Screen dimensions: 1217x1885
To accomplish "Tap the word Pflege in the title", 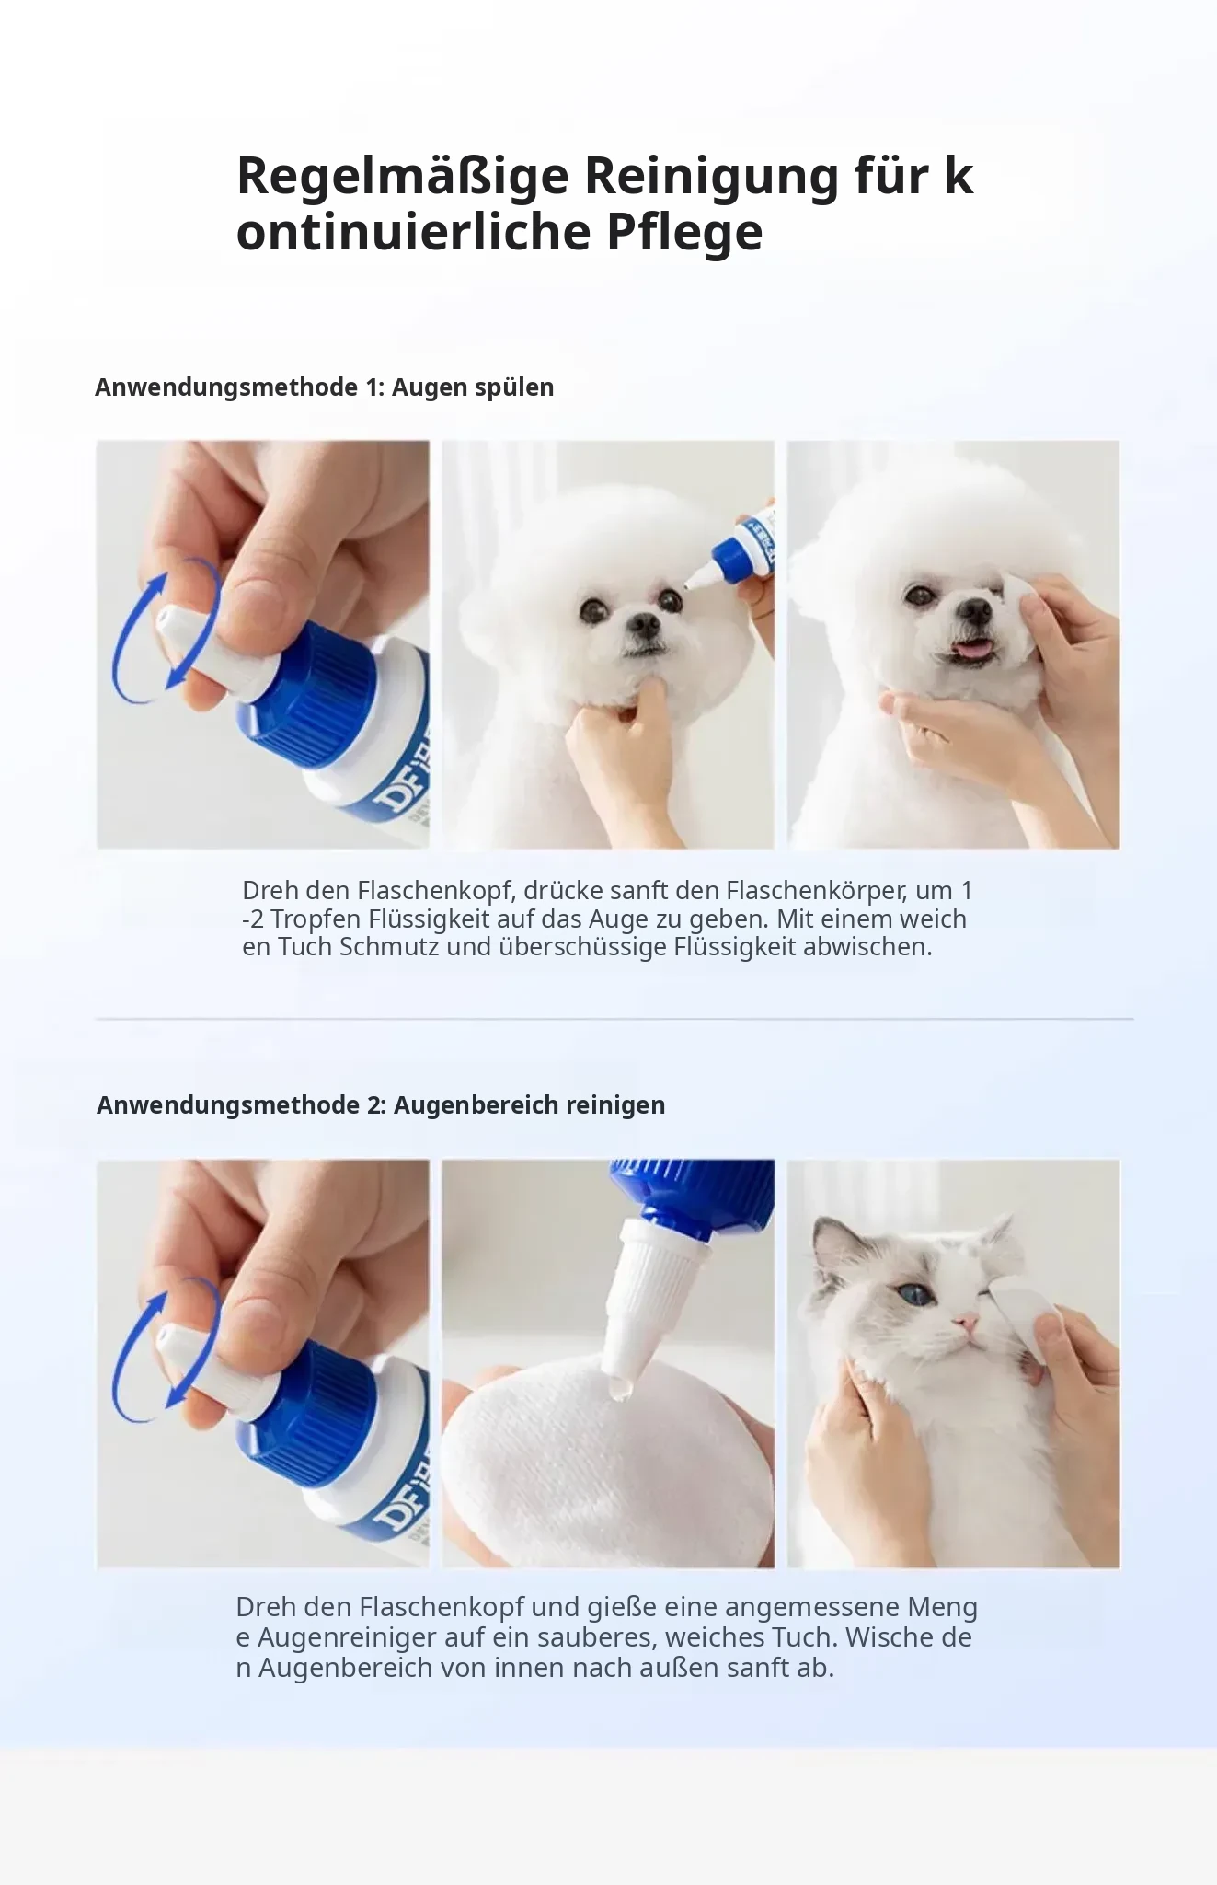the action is coord(684,233).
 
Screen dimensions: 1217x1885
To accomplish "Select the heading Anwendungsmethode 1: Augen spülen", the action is coord(325,387).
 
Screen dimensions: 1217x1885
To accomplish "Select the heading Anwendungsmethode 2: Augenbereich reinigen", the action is coord(381,1105).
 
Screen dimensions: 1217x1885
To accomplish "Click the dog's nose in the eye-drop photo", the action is coord(644,626).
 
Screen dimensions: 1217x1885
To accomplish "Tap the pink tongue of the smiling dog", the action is coord(970,653).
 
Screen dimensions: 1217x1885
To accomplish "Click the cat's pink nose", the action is coord(965,1323).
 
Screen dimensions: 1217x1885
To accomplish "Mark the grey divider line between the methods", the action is coord(614,1019).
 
